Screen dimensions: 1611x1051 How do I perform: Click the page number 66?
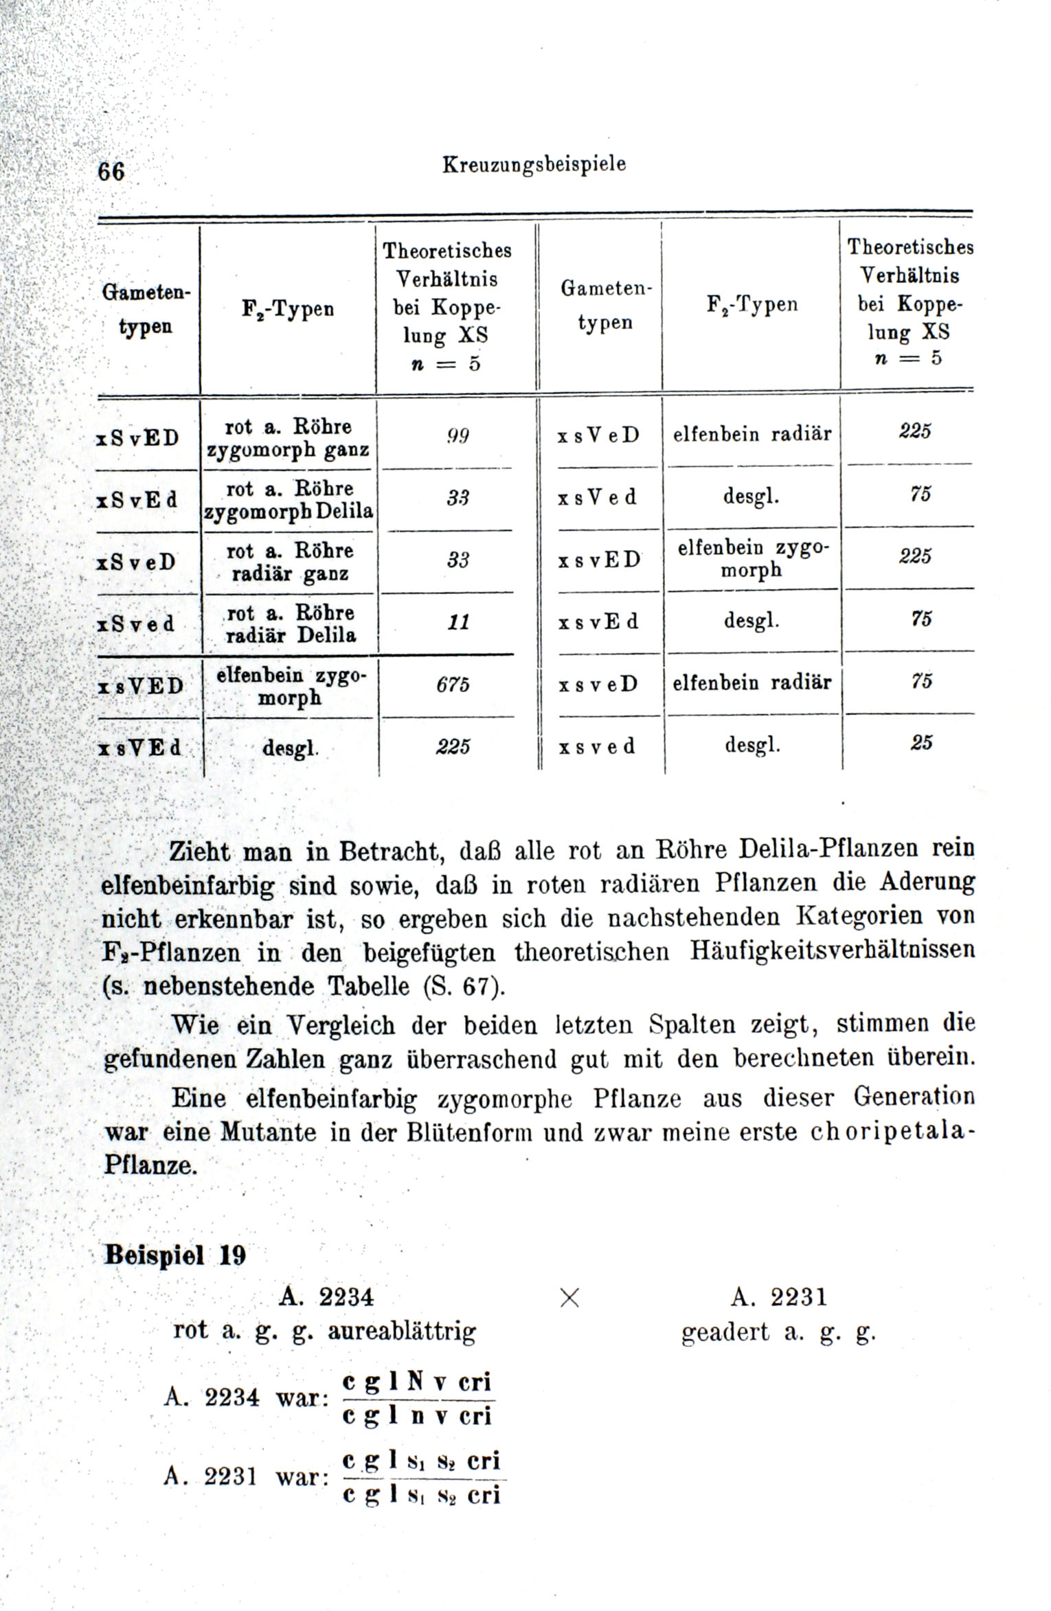pos(111,170)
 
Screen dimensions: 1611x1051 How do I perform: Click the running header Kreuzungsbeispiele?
pos(534,165)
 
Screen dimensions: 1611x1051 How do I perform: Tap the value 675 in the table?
pos(453,685)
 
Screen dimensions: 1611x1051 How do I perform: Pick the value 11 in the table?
pos(457,622)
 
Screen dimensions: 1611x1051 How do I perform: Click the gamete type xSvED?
pos(139,437)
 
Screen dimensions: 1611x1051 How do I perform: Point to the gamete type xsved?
pos(597,746)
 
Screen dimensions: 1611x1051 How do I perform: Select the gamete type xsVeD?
pos(598,435)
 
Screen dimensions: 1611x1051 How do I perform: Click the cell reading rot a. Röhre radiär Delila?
pos(291,624)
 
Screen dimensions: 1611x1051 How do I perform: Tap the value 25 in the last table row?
pos(920,742)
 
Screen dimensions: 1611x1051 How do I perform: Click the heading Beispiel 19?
pos(174,1255)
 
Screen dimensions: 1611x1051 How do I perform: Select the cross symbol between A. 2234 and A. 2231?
pos(570,1297)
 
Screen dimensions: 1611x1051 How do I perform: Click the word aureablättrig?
pos(402,1332)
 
